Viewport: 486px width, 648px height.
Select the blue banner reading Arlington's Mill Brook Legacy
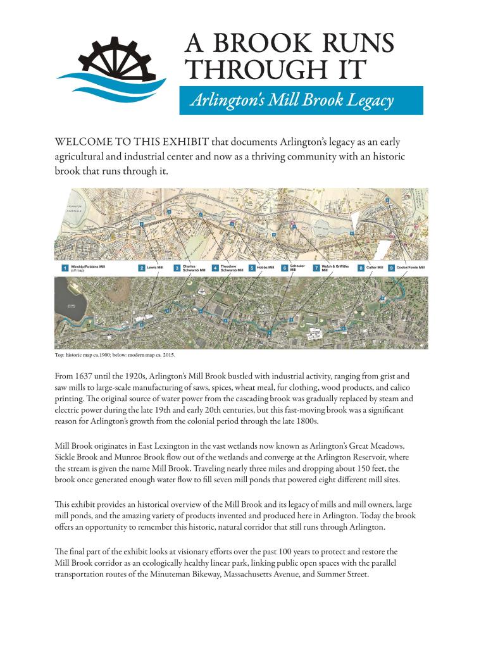(301, 101)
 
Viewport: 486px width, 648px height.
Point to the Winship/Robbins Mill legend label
(88, 268)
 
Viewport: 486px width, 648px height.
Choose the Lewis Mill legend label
(155, 268)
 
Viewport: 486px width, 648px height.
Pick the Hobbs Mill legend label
(265, 268)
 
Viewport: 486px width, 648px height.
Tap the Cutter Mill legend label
(375, 268)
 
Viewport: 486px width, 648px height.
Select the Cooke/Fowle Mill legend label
(410, 268)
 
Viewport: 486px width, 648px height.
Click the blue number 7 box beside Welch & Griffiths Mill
(316, 268)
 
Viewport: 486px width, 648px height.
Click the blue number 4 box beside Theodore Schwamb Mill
(216, 268)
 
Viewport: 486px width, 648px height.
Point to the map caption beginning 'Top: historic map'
(115, 354)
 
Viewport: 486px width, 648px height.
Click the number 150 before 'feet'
(352, 470)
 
